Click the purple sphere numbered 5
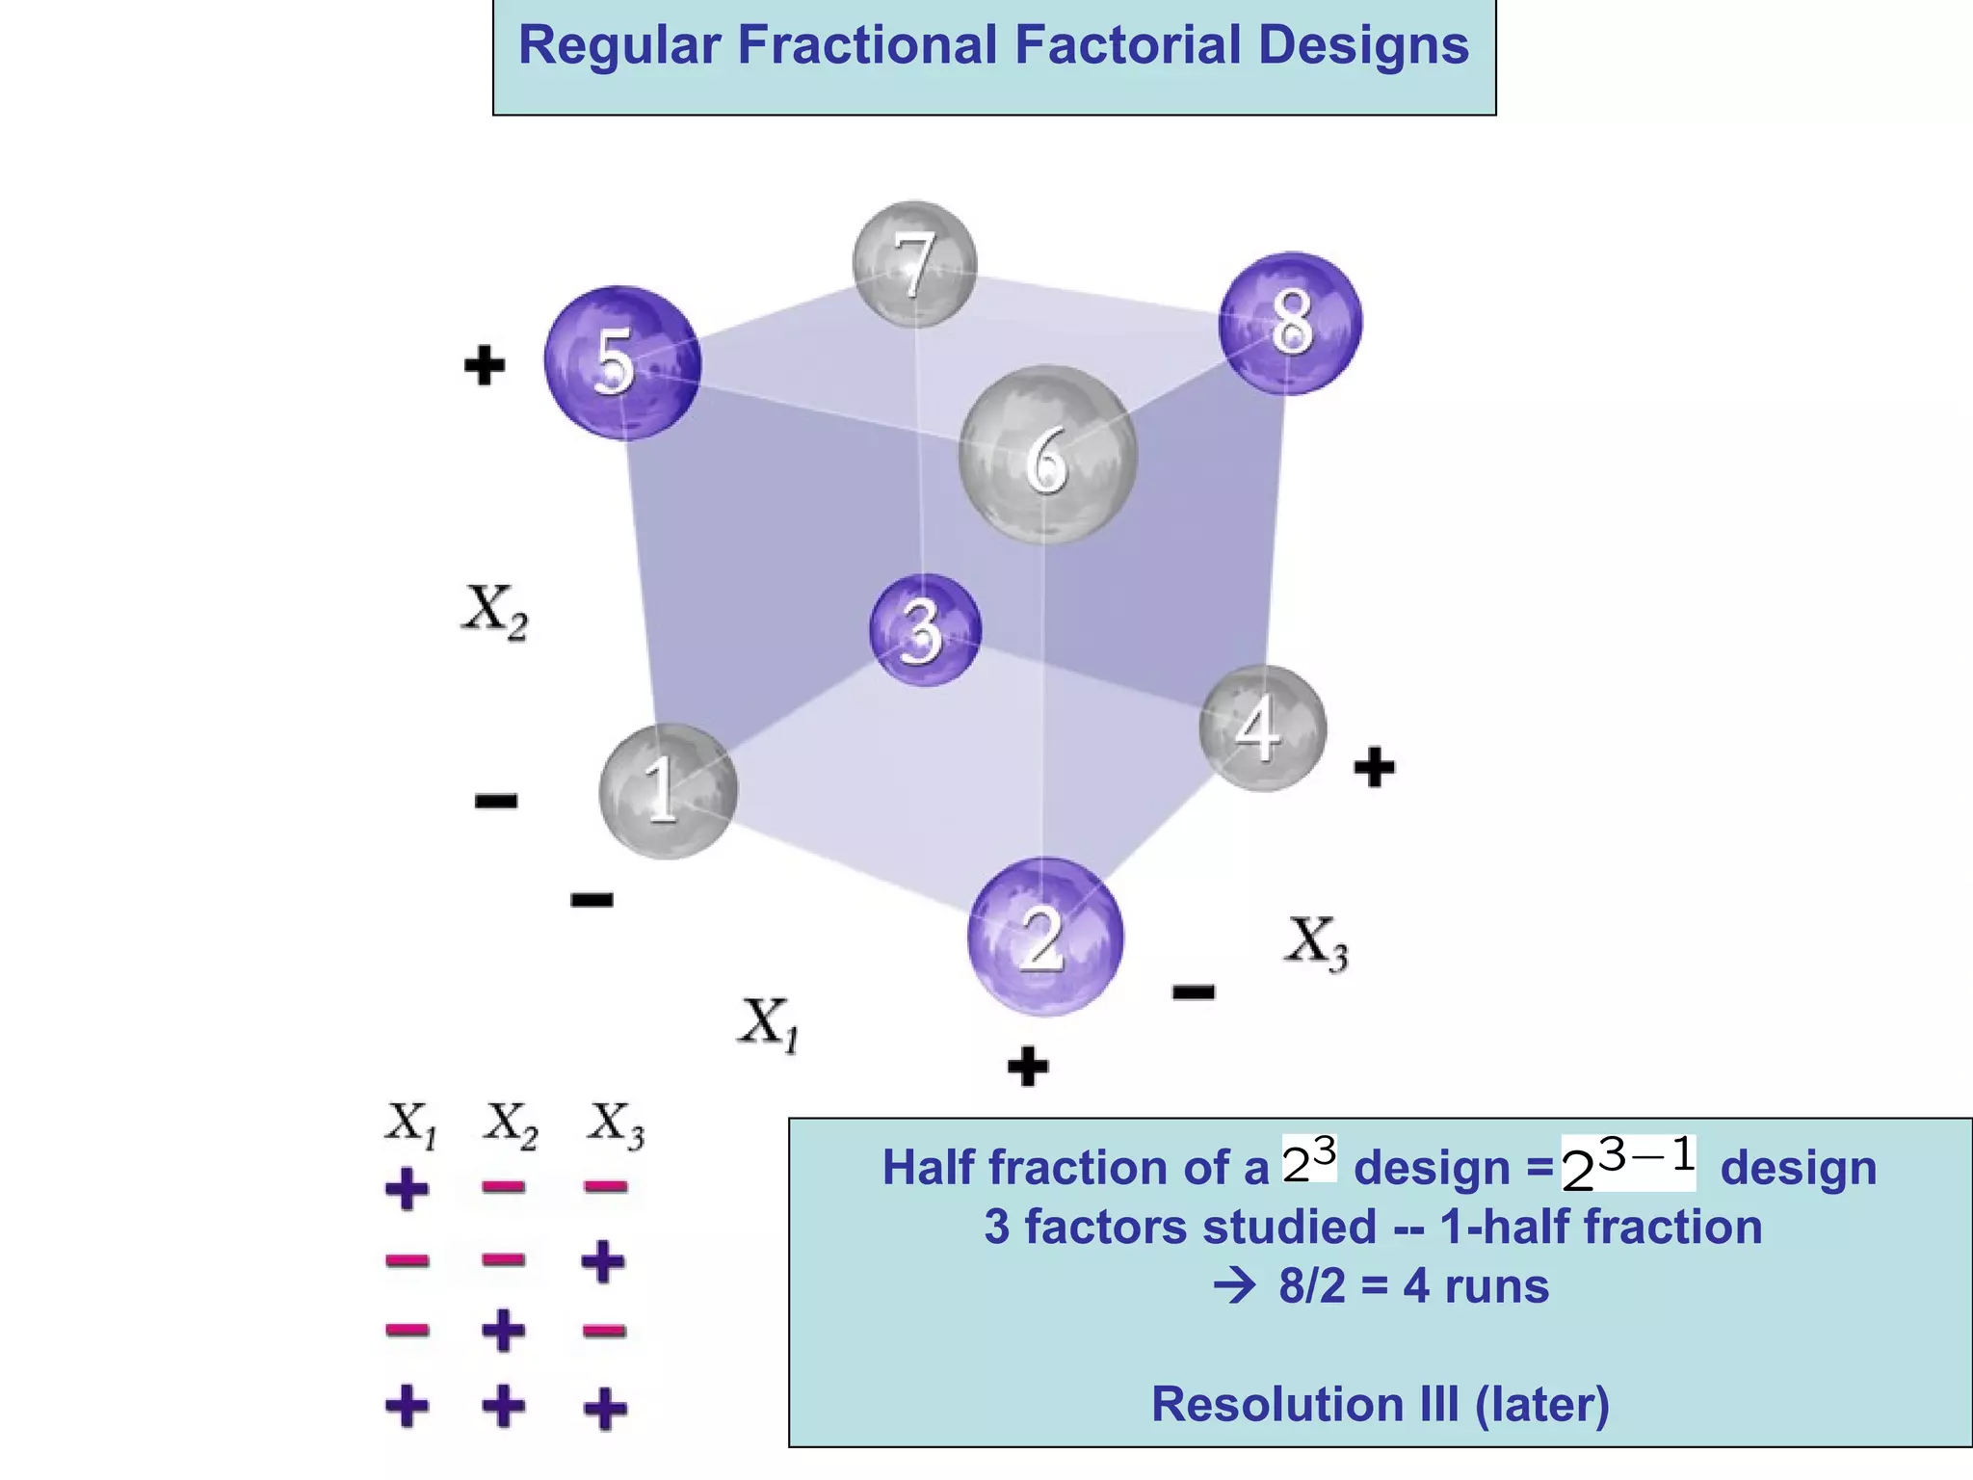pyautogui.click(x=622, y=362)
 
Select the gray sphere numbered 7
pyautogui.click(x=914, y=263)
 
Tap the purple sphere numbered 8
pyautogui.click(x=1290, y=323)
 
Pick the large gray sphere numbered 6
pyautogui.click(x=1047, y=455)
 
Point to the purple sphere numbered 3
pyautogui.click(x=925, y=630)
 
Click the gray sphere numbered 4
pyautogui.click(x=1262, y=727)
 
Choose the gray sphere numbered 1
pyautogui.click(x=668, y=790)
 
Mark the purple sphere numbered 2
pyautogui.click(x=1045, y=937)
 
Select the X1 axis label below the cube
pyautogui.click(x=769, y=1024)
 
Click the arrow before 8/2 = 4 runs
pyautogui.click(x=1235, y=1285)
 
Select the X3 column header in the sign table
pyautogui.click(x=616, y=1124)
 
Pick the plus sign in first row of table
pyautogui.click(x=407, y=1189)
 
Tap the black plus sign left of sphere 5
pyautogui.click(x=484, y=365)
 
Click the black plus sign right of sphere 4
pyautogui.click(x=1374, y=768)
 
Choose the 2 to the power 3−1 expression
pyautogui.click(x=1628, y=1164)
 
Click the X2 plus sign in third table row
pyautogui.click(x=504, y=1332)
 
